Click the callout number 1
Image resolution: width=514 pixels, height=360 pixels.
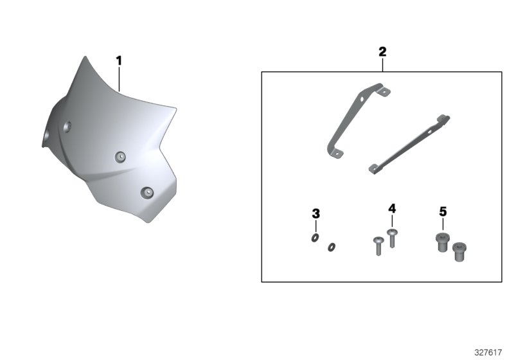click(x=119, y=60)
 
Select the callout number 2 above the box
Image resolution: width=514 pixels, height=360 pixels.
click(x=382, y=52)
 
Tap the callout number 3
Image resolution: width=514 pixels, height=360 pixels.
click(x=315, y=214)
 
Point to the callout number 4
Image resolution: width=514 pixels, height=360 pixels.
click(x=392, y=208)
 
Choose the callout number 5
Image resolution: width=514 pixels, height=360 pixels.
click(x=443, y=212)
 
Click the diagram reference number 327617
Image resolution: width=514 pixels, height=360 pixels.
click(x=488, y=352)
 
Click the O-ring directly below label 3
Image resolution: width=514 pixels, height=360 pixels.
click(x=315, y=238)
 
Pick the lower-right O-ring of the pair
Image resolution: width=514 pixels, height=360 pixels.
click(x=332, y=247)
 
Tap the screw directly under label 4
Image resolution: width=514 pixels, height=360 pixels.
click(x=392, y=239)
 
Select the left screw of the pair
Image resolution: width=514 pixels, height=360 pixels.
click(x=378, y=246)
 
